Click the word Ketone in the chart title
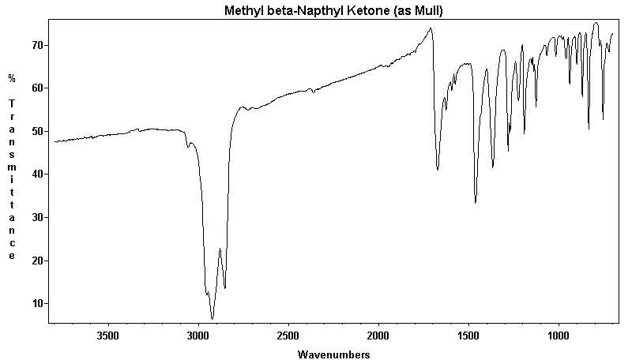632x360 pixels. tap(356, 11)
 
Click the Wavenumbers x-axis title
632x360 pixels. tap(333, 354)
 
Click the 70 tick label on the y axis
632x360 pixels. tap(37, 45)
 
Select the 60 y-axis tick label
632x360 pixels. tap(37, 88)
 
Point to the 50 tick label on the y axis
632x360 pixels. tap(37, 131)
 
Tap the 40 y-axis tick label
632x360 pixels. tap(37, 174)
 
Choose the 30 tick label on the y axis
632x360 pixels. tap(37, 217)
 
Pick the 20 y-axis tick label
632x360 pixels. tap(37, 261)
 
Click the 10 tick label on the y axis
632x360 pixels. tap(37, 303)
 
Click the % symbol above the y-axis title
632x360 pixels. tap(12, 78)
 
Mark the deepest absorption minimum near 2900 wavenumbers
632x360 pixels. tap(213, 318)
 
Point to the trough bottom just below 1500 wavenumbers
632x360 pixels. tap(476, 203)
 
